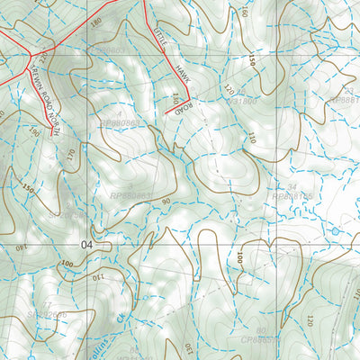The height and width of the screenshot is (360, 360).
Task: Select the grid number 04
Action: [86, 244]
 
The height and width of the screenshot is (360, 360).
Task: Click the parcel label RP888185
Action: [287, 195]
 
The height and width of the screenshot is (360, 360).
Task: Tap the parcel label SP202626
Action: [48, 315]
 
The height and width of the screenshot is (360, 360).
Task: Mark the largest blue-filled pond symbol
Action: [336, 231]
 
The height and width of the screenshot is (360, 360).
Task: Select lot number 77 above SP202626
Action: [47, 304]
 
